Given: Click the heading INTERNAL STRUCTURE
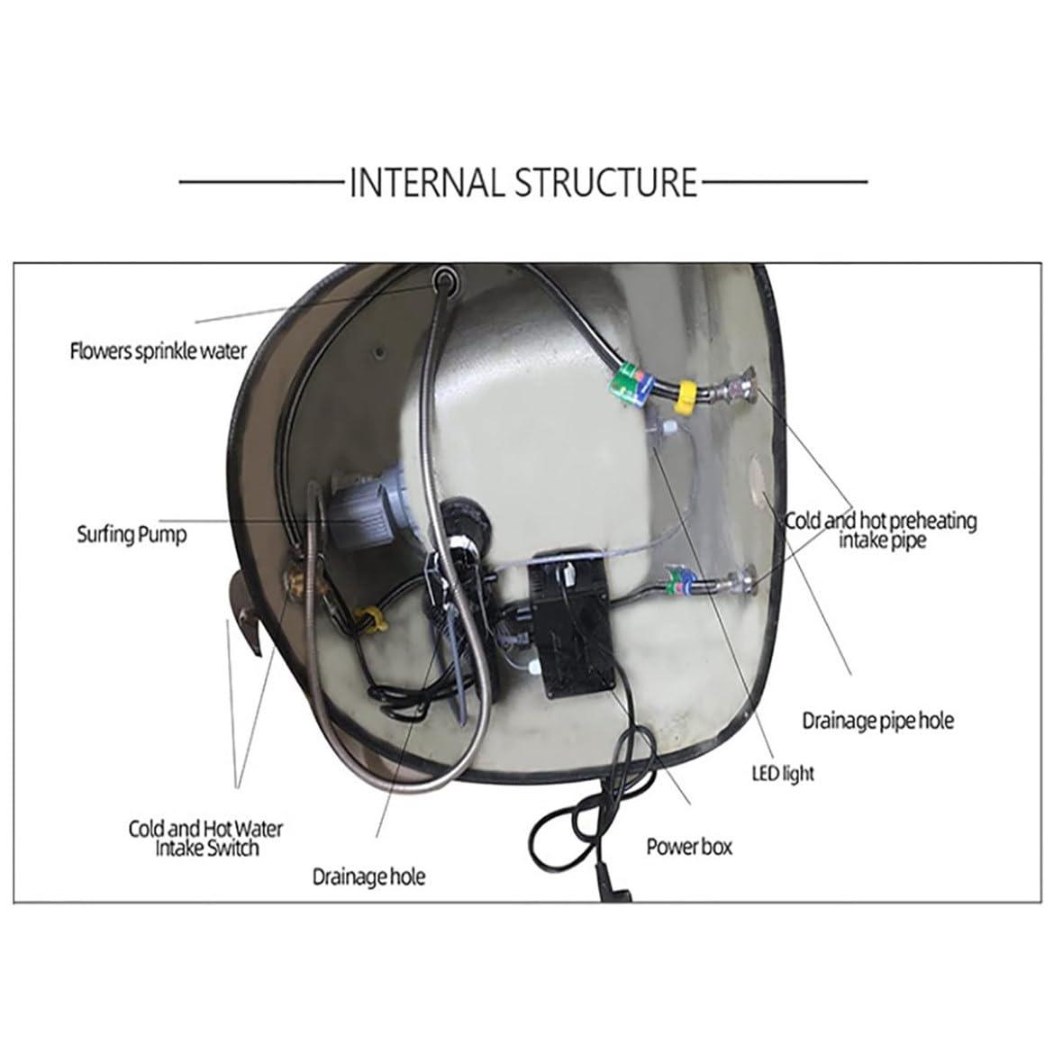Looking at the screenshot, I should [x=522, y=181].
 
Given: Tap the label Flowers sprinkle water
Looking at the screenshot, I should [x=158, y=350].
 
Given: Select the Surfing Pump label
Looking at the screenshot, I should [x=132, y=534].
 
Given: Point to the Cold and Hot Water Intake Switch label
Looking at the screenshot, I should [x=205, y=838].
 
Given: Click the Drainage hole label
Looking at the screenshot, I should [x=368, y=876].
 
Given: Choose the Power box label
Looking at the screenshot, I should [x=689, y=847].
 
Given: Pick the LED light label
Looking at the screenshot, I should [x=783, y=773].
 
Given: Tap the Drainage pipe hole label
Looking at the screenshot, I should [x=877, y=721].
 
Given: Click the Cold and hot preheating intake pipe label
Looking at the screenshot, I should [x=880, y=530].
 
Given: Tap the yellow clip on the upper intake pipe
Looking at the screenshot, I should [x=688, y=394].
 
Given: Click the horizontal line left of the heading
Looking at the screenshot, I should [x=261, y=182].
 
